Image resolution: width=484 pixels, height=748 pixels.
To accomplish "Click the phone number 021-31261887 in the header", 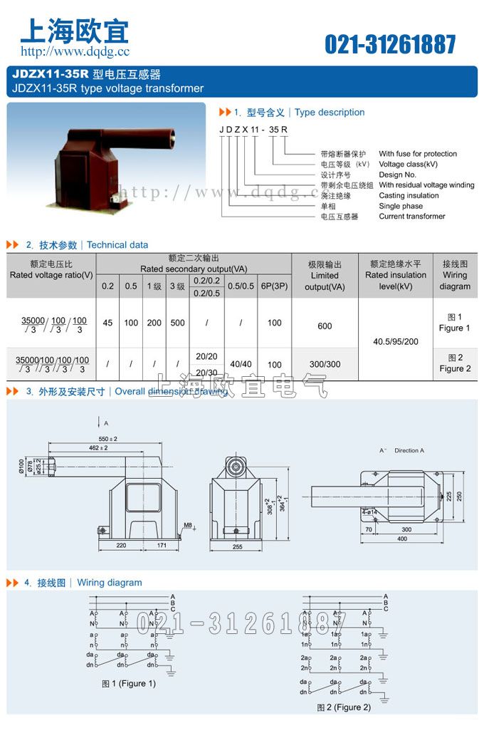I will (390, 44).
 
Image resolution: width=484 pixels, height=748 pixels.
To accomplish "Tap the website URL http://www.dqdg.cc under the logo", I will (75, 51).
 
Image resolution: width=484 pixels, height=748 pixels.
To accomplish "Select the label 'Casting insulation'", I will (409, 195).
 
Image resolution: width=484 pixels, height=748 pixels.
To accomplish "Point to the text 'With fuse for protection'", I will (418, 154).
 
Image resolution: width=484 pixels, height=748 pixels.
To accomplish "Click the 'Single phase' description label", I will (401, 206).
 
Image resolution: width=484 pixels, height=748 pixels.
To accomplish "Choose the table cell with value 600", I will (325, 326).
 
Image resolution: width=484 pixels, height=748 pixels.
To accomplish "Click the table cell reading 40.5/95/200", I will (396, 341).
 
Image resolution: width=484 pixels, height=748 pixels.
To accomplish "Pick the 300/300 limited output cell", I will (325, 364).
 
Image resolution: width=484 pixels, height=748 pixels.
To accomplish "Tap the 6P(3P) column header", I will (274, 286).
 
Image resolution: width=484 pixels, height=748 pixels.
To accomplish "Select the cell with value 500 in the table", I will (177, 323).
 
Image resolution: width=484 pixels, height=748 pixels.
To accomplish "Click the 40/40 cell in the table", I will (241, 364).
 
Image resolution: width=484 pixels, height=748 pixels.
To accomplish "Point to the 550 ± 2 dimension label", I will (109, 438).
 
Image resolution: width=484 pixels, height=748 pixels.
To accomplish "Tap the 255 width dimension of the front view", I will (238, 547).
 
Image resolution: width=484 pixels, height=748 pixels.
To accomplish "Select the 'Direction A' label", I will (409, 450).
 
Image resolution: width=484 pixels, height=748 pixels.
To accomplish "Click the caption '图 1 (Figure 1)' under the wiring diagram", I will (129, 684).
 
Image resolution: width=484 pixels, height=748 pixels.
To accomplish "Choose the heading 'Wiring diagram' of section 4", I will (110, 583).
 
